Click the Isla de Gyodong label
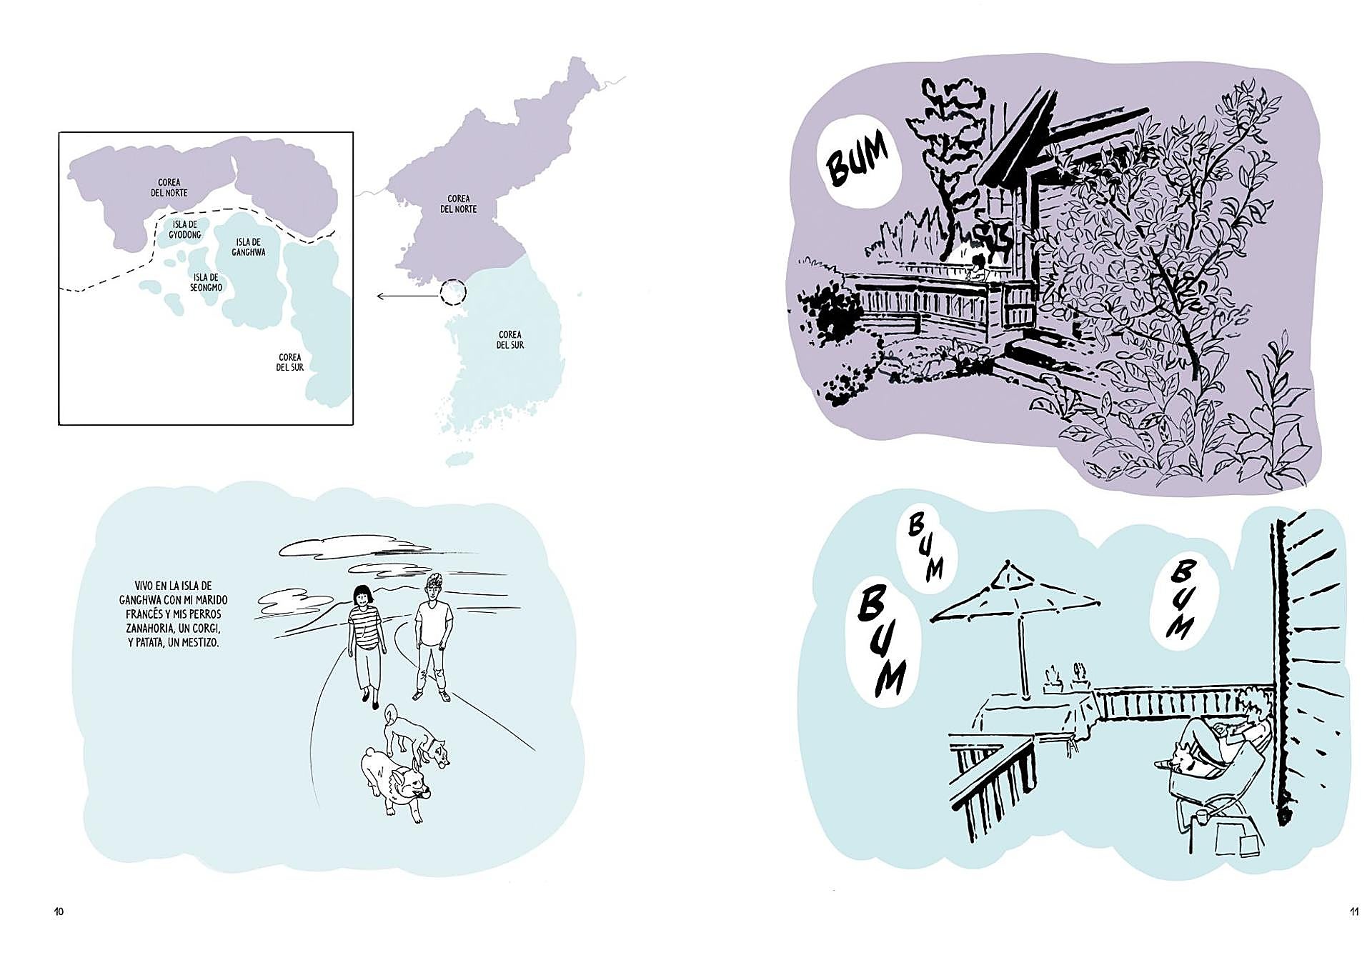pyautogui.click(x=185, y=229)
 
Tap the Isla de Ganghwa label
pyautogui.click(x=249, y=247)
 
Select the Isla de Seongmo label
pyautogui.click(x=206, y=282)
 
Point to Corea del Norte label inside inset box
pyautogui.click(x=169, y=188)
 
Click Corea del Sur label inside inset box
pyautogui.click(x=290, y=362)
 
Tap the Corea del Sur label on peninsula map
pyautogui.click(x=510, y=339)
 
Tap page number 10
pyautogui.click(x=59, y=911)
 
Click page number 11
pyautogui.click(x=1354, y=911)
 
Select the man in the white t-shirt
pyautogui.click(x=432, y=637)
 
